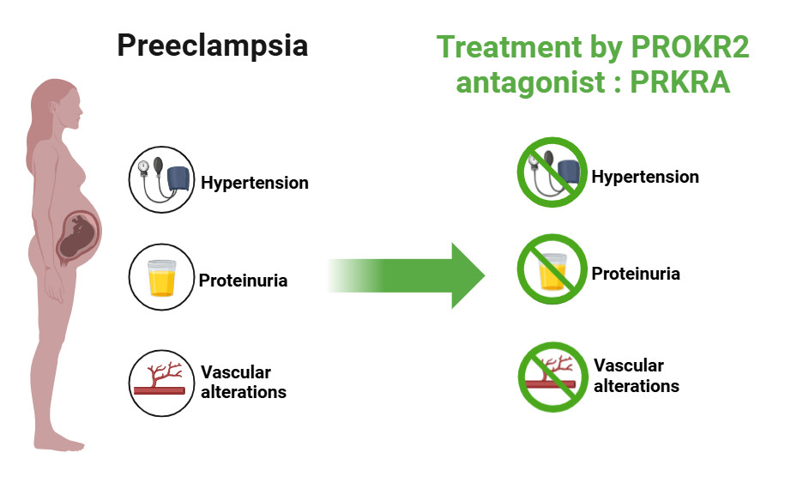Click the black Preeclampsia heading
click(x=213, y=46)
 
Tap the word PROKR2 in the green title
click(x=690, y=47)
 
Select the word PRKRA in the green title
click(x=680, y=82)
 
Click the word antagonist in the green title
click(x=531, y=82)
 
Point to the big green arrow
click(x=406, y=275)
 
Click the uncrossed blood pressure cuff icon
click(x=161, y=179)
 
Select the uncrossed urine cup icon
click(x=161, y=277)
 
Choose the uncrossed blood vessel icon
click(x=161, y=383)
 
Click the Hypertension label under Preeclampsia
click(x=254, y=183)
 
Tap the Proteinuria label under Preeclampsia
click(x=243, y=281)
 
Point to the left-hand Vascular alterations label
click(x=244, y=383)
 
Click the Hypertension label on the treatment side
click(x=645, y=177)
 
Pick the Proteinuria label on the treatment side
click(x=636, y=274)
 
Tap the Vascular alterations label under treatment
click(x=637, y=376)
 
